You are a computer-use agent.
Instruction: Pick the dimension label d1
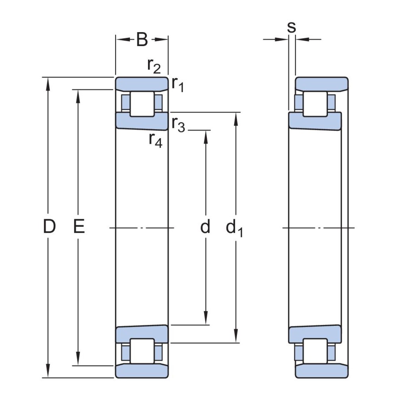point(234,228)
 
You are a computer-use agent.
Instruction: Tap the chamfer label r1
point(177,84)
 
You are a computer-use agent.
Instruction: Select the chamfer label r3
point(178,124)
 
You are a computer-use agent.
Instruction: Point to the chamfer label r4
point(155,139)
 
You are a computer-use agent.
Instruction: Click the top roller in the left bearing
point(142,104)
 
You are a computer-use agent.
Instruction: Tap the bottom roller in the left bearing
point(142,351)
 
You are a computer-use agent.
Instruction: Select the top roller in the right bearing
point(315,104)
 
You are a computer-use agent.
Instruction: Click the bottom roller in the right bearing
point(315,351)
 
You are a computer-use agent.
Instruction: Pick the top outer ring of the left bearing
point(142,83)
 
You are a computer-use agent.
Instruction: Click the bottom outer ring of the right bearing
point(322,371)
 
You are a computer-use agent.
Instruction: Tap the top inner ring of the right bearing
point(314,121)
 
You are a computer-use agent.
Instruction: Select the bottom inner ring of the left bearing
point(142,334)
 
